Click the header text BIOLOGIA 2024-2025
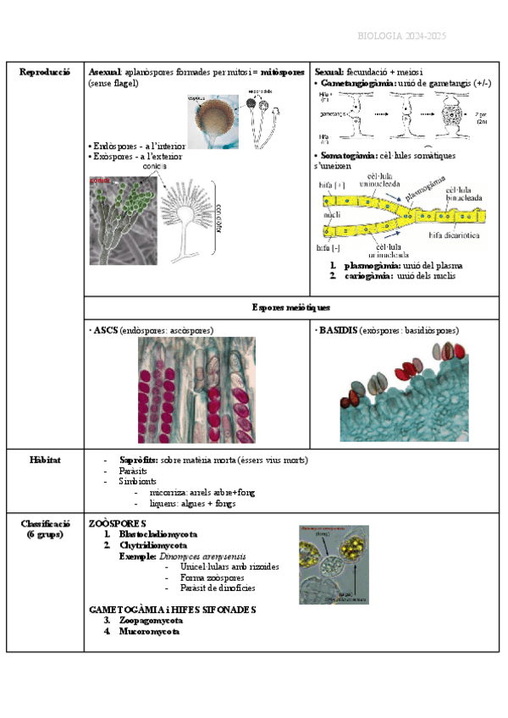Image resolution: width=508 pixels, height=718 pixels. pos(402,36)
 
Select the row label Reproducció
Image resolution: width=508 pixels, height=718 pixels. pos(45,73)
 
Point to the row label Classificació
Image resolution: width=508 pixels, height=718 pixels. pos(45,524)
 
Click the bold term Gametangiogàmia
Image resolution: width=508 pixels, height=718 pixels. pos(355,83)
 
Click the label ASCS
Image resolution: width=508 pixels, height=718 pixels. pos(106,329)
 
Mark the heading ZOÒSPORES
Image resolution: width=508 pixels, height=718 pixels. pos(118,524)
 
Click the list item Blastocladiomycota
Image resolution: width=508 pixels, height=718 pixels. pos(158,535)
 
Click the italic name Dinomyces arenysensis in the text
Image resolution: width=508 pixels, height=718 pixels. pos(196,556)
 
